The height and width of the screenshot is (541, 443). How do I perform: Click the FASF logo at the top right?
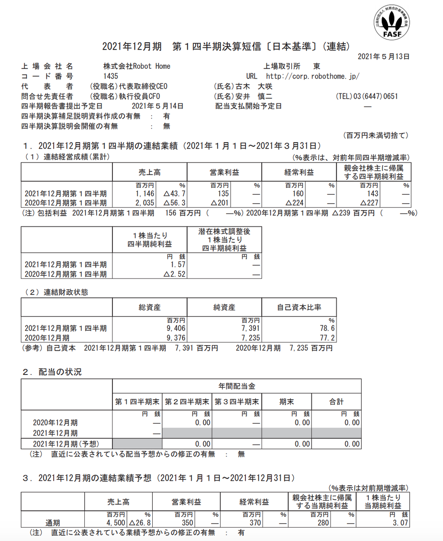point(392,23)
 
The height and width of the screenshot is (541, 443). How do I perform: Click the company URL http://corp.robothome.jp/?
point(313,76)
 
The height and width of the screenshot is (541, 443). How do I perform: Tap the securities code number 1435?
point(111,76)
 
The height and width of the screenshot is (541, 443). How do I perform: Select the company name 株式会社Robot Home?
point(137,66)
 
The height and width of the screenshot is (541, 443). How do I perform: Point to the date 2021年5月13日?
point(383,57)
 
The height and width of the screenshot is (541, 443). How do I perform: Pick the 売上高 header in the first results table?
point(150,172)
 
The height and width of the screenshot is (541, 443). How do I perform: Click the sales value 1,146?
point(145,194)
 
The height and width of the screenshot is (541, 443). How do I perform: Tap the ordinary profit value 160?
point(298,194)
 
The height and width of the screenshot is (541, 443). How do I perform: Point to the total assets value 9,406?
point(176,328)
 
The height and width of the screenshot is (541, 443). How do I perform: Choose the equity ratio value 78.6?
point(327,328)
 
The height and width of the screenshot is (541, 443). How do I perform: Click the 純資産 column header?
point(224,307)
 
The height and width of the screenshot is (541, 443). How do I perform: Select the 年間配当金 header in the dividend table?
point(237,386)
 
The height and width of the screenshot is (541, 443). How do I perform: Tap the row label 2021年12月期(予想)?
point(66,444)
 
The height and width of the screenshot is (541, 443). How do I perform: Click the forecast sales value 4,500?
point(116,522)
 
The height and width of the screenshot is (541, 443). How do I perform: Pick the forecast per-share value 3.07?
point(400,522)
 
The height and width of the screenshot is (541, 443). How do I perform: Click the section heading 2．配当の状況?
point(52,372)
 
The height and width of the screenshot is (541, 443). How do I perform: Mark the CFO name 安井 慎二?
point(254,96)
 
